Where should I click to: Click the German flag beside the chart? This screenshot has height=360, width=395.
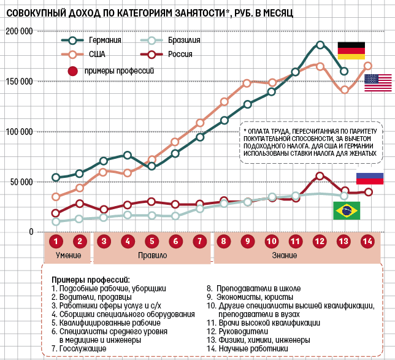pyautogui.click(x=351, y=51)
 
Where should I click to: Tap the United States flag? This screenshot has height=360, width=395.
pyautogui.click(x=378, y=83)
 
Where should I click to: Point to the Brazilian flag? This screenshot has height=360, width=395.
pyautogui.click(x=346, y=210)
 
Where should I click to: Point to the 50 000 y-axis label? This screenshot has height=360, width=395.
pyautogui.click(x=20, y=182)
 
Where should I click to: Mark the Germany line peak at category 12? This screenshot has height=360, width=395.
pyautogui.click(x=320, y=45)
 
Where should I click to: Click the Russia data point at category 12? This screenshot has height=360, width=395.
pyautogui.click(x=320, y=176)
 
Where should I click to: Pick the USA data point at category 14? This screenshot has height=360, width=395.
pyautogui.click(x=368, y=66)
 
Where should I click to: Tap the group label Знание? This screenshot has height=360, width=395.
pyautogui.click(x=285, y=255)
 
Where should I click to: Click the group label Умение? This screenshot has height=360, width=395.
pyautogui.click(x=67, y=255)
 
